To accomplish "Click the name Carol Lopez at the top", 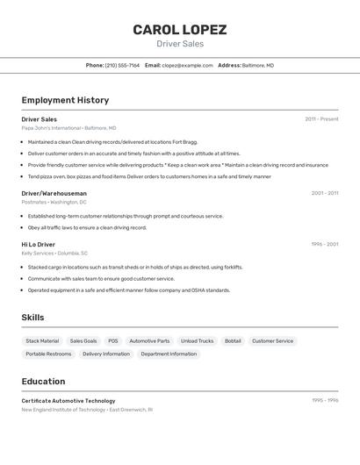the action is [x=179, y=29].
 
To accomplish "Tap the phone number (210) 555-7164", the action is [x=122, y=65].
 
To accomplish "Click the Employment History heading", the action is [x=65, y=100].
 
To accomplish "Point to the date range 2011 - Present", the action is [x=321, y=119].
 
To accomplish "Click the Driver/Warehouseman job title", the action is [x=54, y=193].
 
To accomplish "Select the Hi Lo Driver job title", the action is [x=38, y=245].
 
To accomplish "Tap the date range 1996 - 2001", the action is [x=325, y=245].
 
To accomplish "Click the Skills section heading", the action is [x=32, y=318].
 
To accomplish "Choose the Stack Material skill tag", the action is [x=42, y=340].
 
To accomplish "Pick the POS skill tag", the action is [x=112, y=340].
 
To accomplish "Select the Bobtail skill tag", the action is [x=233, y=340].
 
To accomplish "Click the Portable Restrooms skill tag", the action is [x=48, y=354].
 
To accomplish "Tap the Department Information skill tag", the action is [x=169, y=354].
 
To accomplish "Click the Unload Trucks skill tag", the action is [x=197, y=340].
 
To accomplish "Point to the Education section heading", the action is [x=43, y=382].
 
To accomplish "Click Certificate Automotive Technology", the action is [x=68, y=401].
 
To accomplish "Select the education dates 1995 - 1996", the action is [x=325, y=401].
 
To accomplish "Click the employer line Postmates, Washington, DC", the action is [x=54, y=202].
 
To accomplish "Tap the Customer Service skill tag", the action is [x=272, y=340].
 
